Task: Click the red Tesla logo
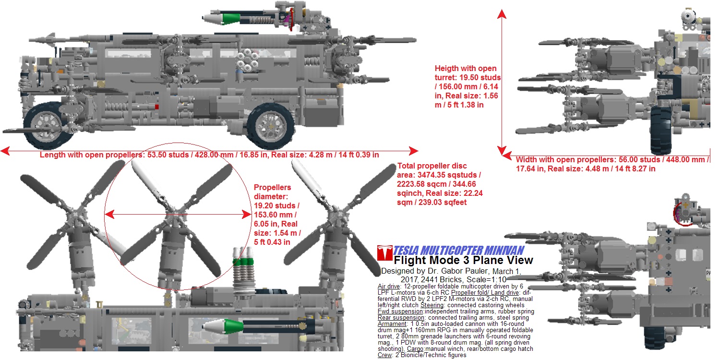coord(384,252)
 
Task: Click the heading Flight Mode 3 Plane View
coord(463,260)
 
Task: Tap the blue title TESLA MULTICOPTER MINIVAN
coord(458,250)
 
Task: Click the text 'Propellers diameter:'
coord(272,192)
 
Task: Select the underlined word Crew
coord(385,355)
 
